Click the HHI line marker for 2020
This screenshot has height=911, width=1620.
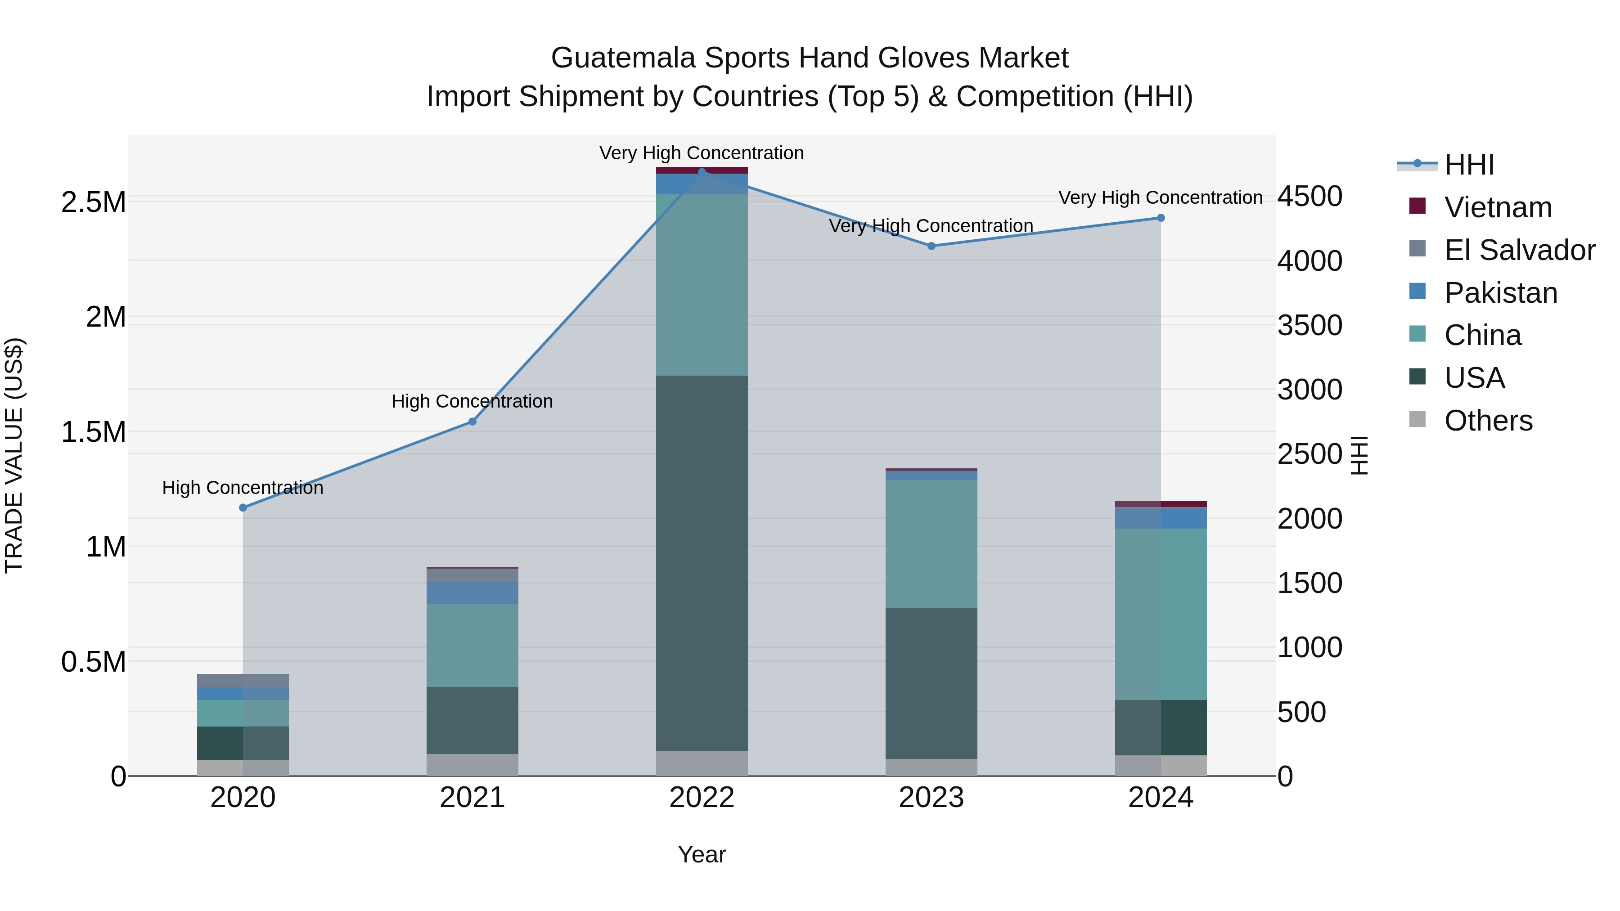[x=243, y=507]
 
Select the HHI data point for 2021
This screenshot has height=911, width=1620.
[x=472, y=421]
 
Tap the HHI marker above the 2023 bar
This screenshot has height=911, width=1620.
[x=931, y=246]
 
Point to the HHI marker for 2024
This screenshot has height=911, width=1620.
[x=1161, y=218]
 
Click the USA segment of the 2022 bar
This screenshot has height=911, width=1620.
[x=702, y=563]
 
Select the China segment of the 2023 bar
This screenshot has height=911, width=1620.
[x=931, y=544]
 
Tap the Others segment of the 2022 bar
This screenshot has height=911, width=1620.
[x=702, y=763]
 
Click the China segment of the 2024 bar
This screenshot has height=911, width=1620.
[x=1161, y=614]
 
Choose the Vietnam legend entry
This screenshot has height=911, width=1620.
[x=1498, y=207]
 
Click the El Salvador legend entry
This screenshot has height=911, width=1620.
[x=1519, y=250]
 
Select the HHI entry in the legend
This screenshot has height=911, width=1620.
[x=1469, y=165]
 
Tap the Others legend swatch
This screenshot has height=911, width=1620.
[x=1417, y=419]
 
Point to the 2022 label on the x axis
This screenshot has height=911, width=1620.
[x=702, y=798]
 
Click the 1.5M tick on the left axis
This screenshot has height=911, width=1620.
[x=94, y=432]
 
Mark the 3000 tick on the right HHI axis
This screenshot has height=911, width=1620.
[x=1310, y=390]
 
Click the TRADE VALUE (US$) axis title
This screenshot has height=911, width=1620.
[x=14, y=455]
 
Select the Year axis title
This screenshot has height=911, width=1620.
[x=702, y=854]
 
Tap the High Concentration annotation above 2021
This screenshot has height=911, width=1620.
[x=472, y=401]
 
